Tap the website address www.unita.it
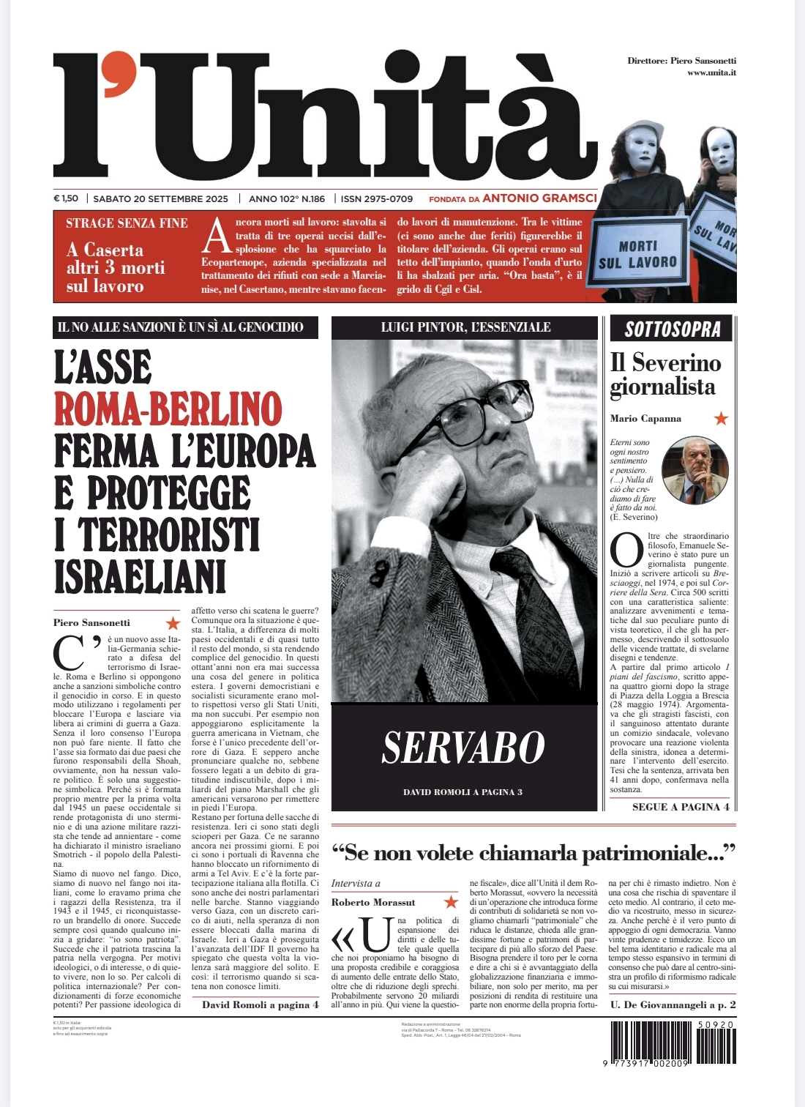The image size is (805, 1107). [x=711, y=72]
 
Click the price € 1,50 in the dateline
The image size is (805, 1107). [x=66, y=198]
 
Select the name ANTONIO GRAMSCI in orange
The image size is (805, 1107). [x=539, y=198]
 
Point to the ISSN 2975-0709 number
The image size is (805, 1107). [x=377, y=198]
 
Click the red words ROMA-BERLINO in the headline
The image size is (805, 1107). [x=168, y=409]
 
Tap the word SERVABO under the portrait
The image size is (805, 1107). [x=463, y=748]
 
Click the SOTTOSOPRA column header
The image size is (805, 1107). [x=673, y=329]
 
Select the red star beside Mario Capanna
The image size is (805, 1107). [x=722, y=419]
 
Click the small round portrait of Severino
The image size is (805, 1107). [x=690, y=470]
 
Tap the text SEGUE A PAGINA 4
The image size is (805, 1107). [x=681, y=807]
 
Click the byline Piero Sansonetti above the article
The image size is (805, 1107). [x=91, y=622]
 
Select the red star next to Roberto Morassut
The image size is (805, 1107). [x=452, y=902]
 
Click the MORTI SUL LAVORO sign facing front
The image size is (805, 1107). [x=637, y=254]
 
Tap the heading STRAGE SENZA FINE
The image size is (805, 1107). [x=127, y=223]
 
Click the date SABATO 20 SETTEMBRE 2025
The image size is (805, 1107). [x=161, y=198]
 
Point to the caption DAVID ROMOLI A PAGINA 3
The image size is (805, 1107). [x=463, y=791]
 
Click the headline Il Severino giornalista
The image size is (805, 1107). [x=665, y=374]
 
